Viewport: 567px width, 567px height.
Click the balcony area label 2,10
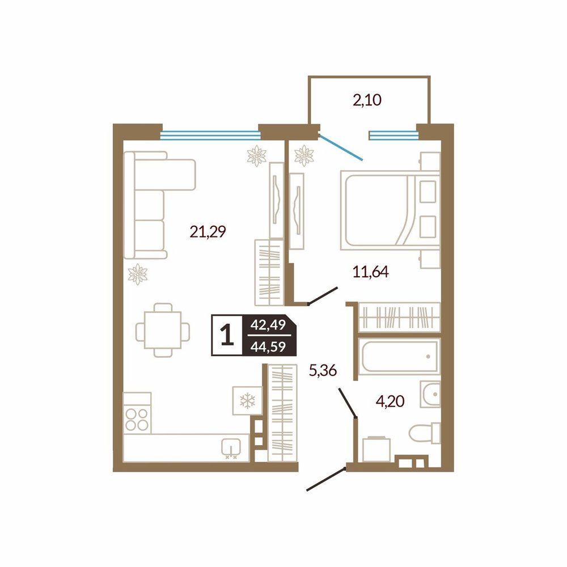point(367,100)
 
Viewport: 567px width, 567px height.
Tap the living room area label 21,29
point(208,231)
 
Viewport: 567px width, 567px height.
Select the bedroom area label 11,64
point(371,272)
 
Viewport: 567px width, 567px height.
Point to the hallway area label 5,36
point(323,370)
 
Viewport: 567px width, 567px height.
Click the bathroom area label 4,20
point(390,401)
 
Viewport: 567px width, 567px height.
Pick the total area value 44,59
point(268,347)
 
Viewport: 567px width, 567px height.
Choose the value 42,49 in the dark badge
point(268,325)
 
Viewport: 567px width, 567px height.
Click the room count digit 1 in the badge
point(227,335)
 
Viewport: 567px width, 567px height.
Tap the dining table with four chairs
point(163,330)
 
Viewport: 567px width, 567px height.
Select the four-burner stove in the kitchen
point(137,413)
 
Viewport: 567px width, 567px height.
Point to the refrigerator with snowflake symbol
point(247,401)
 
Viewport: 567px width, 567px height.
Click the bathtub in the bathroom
point(399,357)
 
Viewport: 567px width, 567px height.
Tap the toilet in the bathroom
point(425,433)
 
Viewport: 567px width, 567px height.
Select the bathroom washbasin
point(430,394)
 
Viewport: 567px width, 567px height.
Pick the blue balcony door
point(340,147)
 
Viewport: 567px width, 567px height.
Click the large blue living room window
point(210,136)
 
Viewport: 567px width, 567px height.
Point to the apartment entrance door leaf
point(326,479)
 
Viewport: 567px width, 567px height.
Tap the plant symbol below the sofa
point(138,274)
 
